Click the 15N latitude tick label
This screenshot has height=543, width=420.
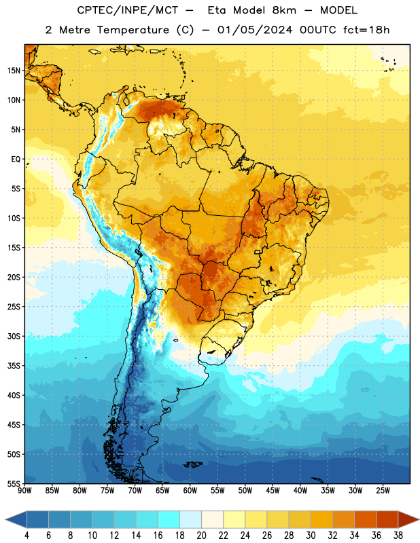point(14,71)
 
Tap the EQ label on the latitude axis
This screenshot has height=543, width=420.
point(16,160)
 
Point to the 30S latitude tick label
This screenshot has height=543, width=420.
point(14,336)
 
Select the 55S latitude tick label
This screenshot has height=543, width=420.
point(14,483)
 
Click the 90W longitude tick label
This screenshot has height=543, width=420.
point(24,490)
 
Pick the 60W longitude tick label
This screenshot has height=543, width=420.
point(190,490)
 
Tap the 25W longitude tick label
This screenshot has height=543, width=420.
point(383,490)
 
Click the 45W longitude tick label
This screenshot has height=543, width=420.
point(273,490)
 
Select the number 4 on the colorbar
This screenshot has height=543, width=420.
point(27,536)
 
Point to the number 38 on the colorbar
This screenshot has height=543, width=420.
point(398,536)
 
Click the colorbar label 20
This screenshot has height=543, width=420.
point(201,536)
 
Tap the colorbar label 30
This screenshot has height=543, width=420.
point(311,536)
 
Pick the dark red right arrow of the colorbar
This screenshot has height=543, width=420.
point(408,519)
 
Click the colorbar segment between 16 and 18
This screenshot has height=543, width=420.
point(169,519)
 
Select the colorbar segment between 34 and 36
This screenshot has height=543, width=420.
point(365,519)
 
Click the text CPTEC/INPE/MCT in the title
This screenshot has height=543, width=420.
point(128,10)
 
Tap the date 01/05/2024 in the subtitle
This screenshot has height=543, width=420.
point(255,30)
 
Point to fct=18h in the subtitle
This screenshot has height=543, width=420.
point(366,30)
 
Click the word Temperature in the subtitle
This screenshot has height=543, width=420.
point(133,30)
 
